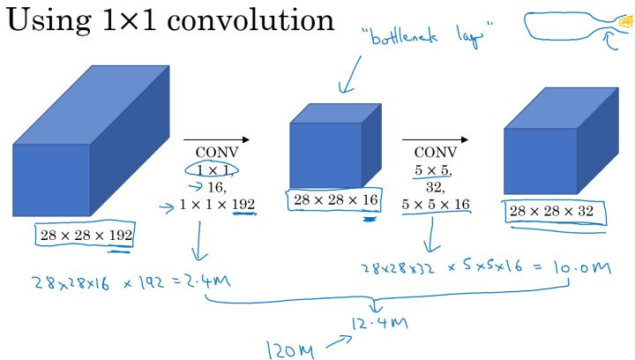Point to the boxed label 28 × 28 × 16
click(x=334, y=200)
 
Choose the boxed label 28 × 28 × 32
click(x=554, y=212)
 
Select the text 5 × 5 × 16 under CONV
click(x=436, y=205)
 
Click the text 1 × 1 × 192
click(x=217, y=205)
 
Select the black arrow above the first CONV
click(x=216, y=139)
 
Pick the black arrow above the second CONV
click(x=436, y=139)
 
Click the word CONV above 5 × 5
click(x=436, y=153)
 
